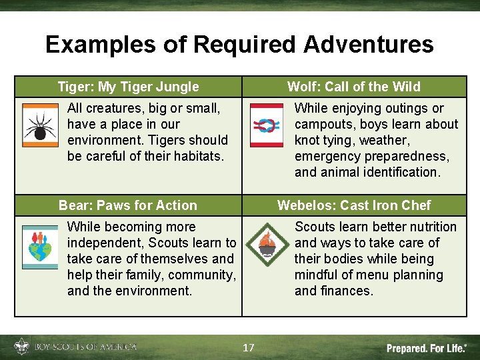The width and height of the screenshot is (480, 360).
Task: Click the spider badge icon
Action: pos(40,125)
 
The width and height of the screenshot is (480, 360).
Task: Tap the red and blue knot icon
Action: pos(267,125)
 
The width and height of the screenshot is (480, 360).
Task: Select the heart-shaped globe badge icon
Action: pos(40,247)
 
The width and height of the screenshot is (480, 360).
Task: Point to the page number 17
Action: pos(248,348)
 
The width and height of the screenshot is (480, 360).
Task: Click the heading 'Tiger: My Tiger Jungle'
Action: pos(128,87)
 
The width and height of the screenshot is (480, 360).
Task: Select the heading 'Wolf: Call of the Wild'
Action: pos(353,87)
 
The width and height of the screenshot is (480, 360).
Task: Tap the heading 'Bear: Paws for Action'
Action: pos(128,205)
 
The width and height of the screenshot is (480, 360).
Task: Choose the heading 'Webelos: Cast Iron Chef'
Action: pos(353,205)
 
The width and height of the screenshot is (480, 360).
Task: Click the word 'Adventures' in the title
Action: pos(368,45)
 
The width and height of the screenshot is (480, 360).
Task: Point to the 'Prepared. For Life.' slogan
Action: pos(427,348)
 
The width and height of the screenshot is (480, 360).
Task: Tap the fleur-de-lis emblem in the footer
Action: pos(21,347)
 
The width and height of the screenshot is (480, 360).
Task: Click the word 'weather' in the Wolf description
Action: pos(383,140)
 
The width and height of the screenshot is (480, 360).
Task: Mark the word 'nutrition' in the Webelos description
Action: pos(430,227)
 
